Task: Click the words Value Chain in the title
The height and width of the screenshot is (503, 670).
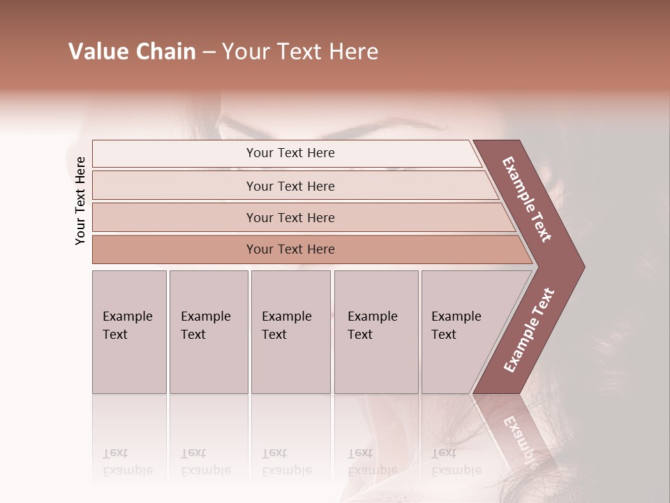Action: [x=132, y=52]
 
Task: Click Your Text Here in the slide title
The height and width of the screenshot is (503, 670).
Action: [x=300, y=52]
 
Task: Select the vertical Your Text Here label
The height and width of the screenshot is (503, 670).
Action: [x=80, y=201]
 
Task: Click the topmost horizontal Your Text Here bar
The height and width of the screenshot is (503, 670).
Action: [x=290, y=153]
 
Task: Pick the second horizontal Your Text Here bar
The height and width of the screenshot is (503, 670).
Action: [x=290, y=186]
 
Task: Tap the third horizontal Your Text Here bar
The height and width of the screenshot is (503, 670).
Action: [x=290, y=217]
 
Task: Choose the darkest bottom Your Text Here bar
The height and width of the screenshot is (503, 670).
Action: [x=290, y=249]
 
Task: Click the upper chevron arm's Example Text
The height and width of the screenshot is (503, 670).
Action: [x=528, y=200]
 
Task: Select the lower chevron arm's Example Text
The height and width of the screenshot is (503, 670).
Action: [x=528, y=330]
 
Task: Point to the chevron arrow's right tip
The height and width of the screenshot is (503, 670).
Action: [x=583, y=267]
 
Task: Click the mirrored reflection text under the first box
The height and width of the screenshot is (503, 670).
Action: [x=128, y=462]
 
